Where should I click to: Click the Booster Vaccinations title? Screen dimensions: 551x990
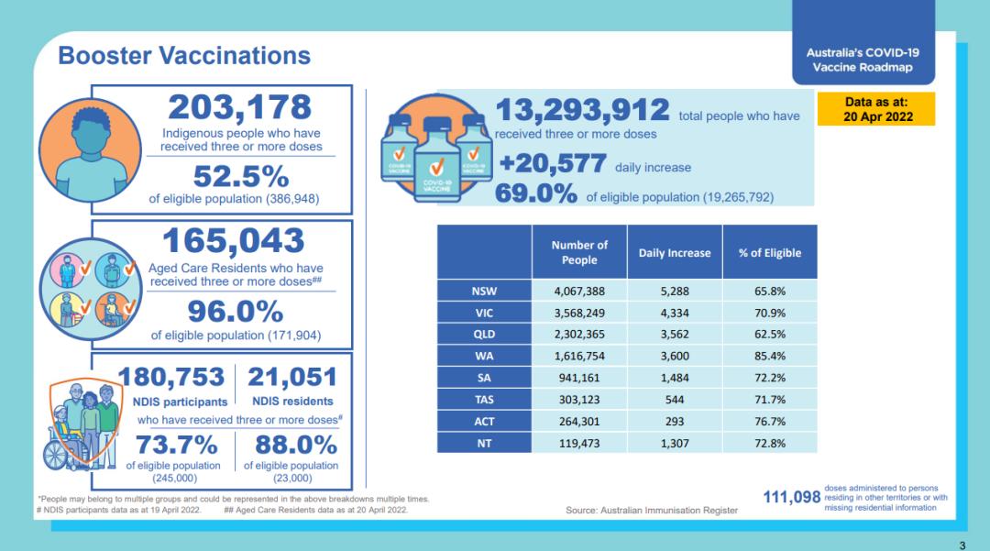pyautogui.click(x=184, y=55)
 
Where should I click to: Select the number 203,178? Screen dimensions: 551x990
pyautogui.click(x=239, y=107)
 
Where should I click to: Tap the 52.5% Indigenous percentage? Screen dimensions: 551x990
pyautogui.click(x=239, y=175)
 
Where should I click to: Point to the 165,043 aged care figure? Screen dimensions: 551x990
pyautogui.click(x=233, y=241)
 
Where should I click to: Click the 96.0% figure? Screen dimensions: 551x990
pyautogui.click(x=236, y=312)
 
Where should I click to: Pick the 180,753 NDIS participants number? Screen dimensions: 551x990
pyautogui.click(x=171, y=377)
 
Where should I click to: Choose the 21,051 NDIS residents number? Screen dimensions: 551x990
pyautogui.click(x=291, y=377)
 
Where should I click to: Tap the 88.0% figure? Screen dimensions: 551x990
pyautogui.click(x=291, y=445)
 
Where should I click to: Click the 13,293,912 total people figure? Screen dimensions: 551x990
pyautogui.click(x=582, y=110)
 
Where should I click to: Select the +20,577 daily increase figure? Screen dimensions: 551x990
pyautogui.click(x=552, y=164)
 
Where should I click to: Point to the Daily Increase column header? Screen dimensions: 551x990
pyautogui.click(x=675, y=253)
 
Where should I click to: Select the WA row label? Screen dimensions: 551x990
pyautogui.click(x=485, y=355)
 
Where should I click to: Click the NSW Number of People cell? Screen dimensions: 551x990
pyautogui.click(x=579, y=291)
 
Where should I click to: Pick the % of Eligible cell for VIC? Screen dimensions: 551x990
pyautogui.click(x=769, y=312)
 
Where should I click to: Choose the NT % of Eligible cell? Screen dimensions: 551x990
pyautogui.click(x=769, y=443)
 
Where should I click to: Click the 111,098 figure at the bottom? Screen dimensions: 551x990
pyautogui.click(x=792, y=497)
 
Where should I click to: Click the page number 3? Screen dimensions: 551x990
pyautogui.click(x=962, y=545)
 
